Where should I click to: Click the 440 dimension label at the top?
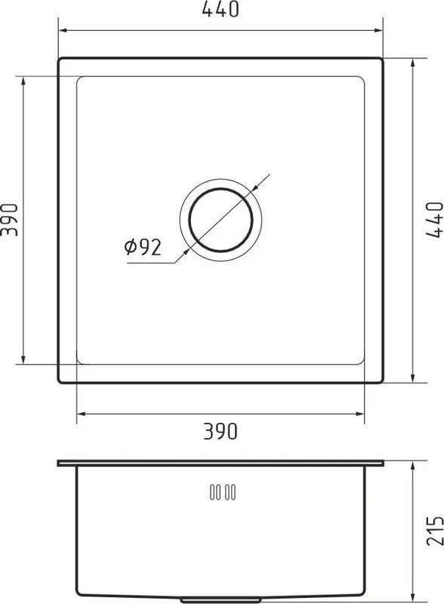220,9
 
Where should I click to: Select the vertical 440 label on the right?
435,220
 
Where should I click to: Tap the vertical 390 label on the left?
10,220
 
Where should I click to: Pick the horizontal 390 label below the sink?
220,431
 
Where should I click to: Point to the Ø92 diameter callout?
143,248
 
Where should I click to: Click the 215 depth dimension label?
435,531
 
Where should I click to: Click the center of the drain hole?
220,220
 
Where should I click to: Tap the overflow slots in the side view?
223,492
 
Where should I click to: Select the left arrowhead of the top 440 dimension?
63,31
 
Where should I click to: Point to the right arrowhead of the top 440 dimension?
378,31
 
